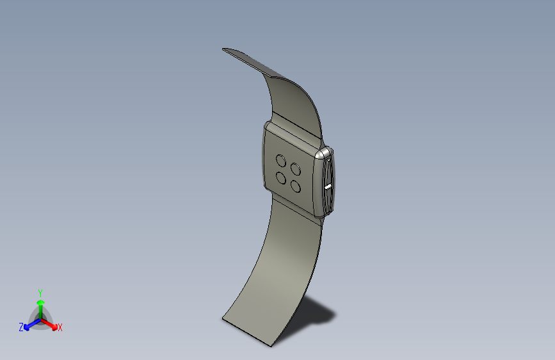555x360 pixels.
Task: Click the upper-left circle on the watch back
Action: click(x=281, y=161)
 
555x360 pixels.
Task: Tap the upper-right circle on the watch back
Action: click(x=296, y=169)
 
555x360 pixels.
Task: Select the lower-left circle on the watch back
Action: click(x=281, y=178)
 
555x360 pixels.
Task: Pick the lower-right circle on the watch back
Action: click(x=296, y=186)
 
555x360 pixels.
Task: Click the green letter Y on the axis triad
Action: click(x=40, y=293)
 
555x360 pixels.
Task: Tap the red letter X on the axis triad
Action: click(x=60, y=328)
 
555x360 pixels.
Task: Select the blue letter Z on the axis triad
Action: click(x=21, y=327)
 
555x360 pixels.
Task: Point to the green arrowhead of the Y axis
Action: click(x=41, y=303)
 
